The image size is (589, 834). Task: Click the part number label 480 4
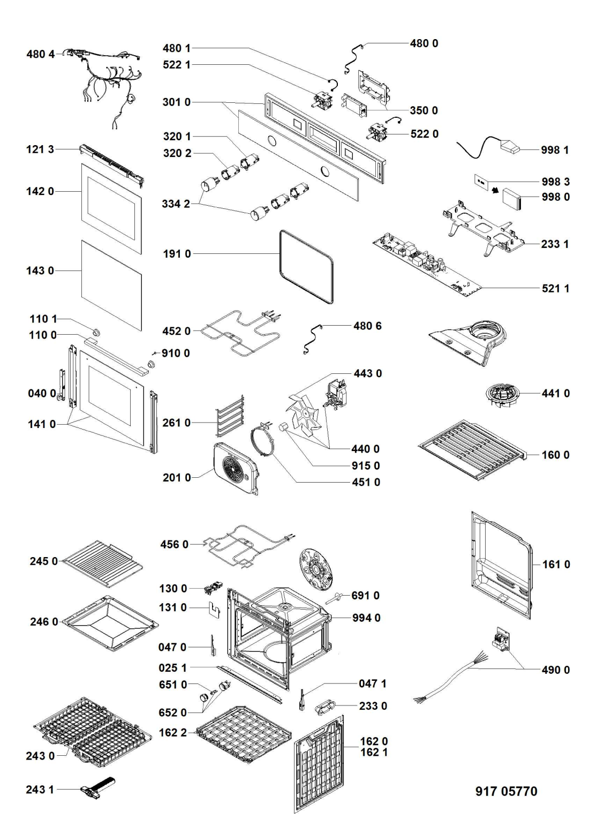pyautogui.click(x=40, y=54)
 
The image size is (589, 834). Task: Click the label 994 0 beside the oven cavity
pyautogui.click(x=366, y=618)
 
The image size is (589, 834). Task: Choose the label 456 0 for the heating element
pyautogui.click(x=175, y=544)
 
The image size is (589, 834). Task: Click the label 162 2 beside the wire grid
pyautogui.click(x=173, y=733)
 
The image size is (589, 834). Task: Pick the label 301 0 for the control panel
pyautogui.click(x=176, y=102)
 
